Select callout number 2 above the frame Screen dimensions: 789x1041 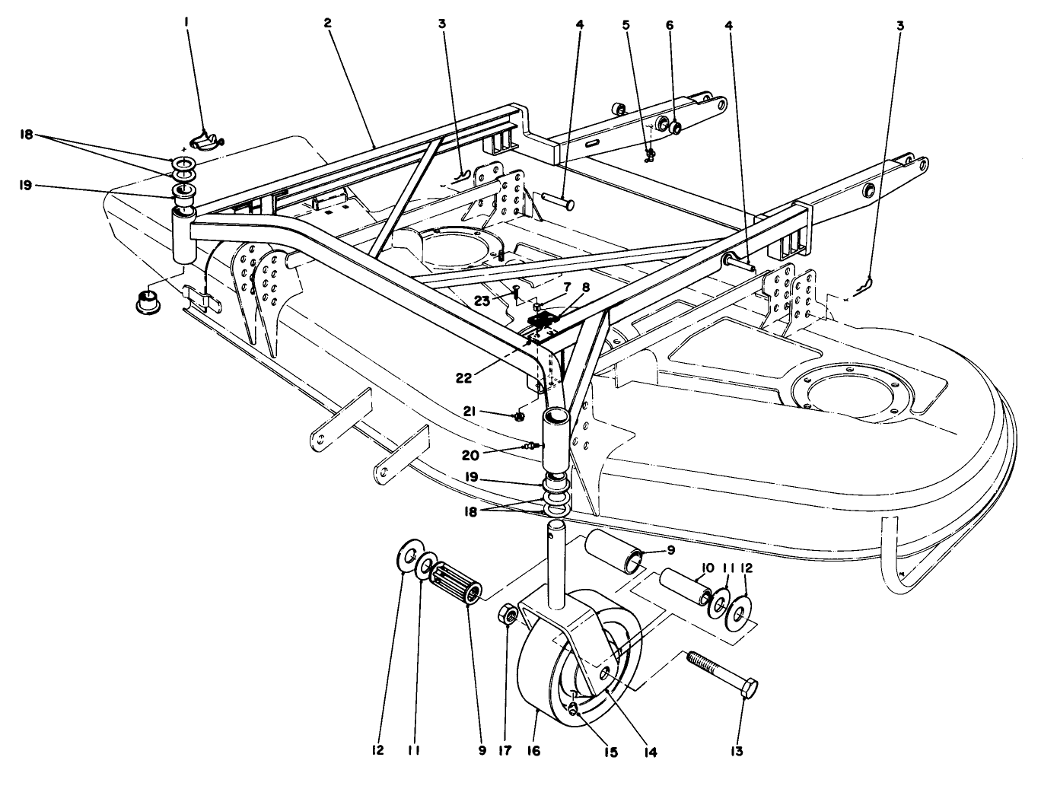(327, 24)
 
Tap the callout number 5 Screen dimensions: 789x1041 (626, 24)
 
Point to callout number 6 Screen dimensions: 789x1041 (670, 24)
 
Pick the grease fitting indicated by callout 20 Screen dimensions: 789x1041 (533, 445)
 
